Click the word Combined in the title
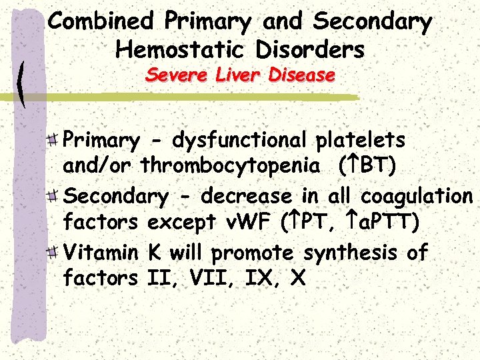(102, 21)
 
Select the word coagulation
(416, 197)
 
